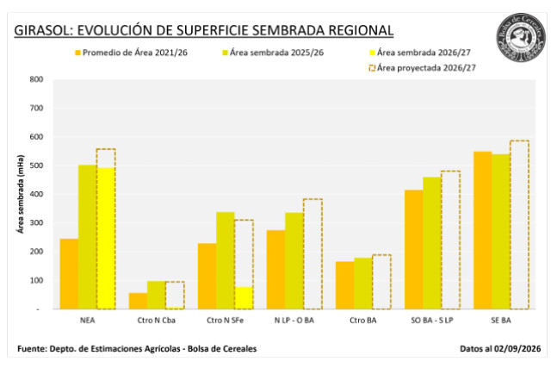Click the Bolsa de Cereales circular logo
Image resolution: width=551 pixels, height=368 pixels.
pyautogui.click(x=521, y=38)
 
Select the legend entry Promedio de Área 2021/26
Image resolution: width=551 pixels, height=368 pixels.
pyautogui.click(x=131, y=53)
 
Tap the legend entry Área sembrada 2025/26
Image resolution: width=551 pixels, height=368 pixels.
pyautogui.click(x=273, y=53)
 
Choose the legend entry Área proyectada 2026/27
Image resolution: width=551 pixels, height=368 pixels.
pyautogui.click(x=422, y=68)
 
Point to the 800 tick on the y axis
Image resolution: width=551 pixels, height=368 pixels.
pyautogui.click(x=36, y=79)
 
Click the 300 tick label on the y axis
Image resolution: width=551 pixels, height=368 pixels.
pyautogui.click(x=36, y=222)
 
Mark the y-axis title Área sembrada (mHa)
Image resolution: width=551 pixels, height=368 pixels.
pyautogui.click(x=21, y=194)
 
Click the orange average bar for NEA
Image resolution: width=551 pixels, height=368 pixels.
pyautogui.click(x=69, y=274)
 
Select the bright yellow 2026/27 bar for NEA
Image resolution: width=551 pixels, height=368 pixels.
pyautogui.click(x=106, y=239)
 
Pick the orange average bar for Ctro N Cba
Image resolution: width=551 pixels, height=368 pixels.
pyautogui.click(x=138, y=301)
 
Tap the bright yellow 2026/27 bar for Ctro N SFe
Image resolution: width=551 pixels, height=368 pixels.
pyautogui.click(x=244, y=298)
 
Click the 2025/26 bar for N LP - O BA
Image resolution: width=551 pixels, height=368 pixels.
pyautogui.click(x=294, y=261)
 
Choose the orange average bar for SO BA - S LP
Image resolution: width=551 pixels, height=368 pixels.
pyautogui.click(x=414, y=250)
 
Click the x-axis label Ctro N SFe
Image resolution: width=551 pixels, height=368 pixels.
pyautogui.click(x=226, y=321)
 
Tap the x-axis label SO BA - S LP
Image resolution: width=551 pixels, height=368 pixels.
pyautogui.click(x=432, y=321)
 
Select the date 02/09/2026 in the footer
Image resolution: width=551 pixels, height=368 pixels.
pyautogui.click(x=517, y=349)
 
